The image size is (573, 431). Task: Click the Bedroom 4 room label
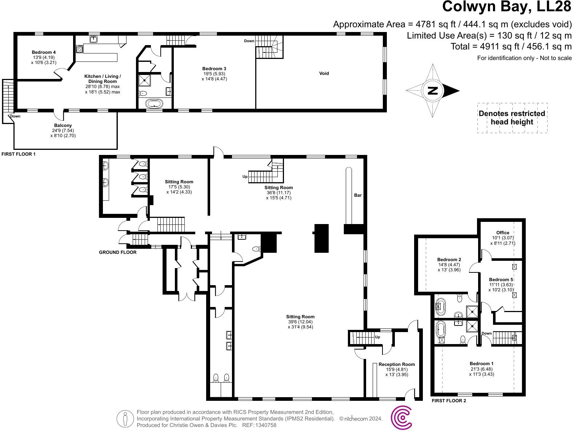[x=44, y=52]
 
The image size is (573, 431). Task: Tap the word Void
[x=324, y=73]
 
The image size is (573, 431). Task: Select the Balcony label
[x=63, y=125]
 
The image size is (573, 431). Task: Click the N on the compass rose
[x=432, y=91]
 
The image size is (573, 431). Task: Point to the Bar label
[x=358, y=195]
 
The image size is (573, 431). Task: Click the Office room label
[x=502, y=233]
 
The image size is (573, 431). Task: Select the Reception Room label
[x=396, y=364]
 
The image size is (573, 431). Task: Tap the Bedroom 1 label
[x=481, y=364]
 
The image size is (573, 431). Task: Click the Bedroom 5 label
[x=501, y=280]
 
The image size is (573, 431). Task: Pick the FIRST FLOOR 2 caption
[x=449, y=401]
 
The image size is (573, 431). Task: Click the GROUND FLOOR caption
[x=117, y=252]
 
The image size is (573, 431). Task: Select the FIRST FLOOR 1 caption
[x=19, y=154]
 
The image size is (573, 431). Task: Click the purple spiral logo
[x=401, y=418]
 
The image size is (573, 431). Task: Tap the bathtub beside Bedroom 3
[x=155, y=104]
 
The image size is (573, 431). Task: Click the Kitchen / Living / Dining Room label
[x=103, y=79]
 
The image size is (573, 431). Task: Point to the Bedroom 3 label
[x=214, y=69]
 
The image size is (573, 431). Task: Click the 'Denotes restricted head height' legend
[x=512, y=118]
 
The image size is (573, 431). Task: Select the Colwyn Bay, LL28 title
[x=506, y=7]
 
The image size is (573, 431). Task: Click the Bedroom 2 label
[x=449, y=260]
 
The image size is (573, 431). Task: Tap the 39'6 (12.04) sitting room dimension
[x=300, y=322]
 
